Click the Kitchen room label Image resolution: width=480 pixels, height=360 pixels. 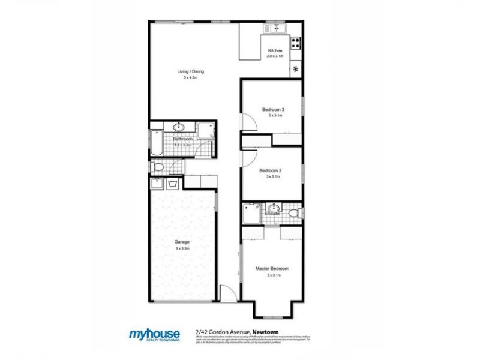[x=275, y=50]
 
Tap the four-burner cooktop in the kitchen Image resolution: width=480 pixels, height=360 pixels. [x=295, y=43]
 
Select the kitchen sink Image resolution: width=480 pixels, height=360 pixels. [x=277, y=28]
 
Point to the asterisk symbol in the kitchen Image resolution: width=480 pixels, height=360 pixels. [x=295, y=69]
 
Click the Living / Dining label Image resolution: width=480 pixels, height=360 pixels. [x=187, y=72]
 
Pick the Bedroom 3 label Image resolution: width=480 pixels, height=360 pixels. [x=273, y=109]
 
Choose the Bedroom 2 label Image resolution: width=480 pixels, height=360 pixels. [x=270, y=170]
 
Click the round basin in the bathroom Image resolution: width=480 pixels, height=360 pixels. [x=179, y=127]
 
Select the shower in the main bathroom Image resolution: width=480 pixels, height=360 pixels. [x=206, y=131]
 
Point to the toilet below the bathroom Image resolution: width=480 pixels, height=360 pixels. [x=157, y=166]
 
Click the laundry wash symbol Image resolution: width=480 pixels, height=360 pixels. [x=173, y=183]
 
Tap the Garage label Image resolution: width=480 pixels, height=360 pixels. [x=182, y=242]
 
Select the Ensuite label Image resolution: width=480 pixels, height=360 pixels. [x=272, y=213]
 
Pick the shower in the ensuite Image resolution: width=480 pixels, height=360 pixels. [x=250, y=213]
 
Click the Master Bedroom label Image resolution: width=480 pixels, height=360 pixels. [x=272, y=268]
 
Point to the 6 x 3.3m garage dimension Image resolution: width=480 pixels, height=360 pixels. [x=182, y=248]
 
